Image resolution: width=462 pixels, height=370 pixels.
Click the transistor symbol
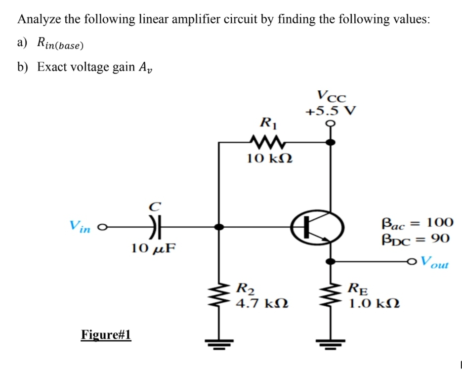pos(317,228)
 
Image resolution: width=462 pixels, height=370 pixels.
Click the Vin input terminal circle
pos(101,228)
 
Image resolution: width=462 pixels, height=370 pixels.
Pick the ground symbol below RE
pos(331,342)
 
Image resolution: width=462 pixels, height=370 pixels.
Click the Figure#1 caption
pos(106,335)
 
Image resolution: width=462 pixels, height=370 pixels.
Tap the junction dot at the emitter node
pos(331,261)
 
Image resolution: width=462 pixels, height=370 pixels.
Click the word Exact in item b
pos(53,67)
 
